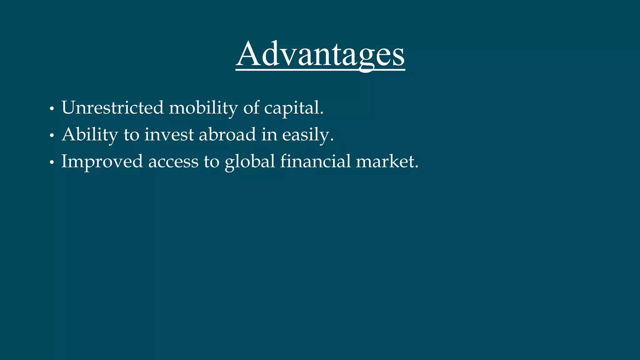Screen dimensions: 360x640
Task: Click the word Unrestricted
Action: tap(112, 108)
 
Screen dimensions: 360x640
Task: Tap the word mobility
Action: tap(203, 108)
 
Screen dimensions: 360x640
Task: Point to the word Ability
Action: tap(90, 135)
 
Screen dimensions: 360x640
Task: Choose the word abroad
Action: tap(227, 135)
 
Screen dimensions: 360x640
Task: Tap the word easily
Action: tap(308, 135)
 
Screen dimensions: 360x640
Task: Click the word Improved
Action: tap(102, 162)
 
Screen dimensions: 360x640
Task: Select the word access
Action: tap(173, 162)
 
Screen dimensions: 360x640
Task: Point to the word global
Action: tap(250, 162)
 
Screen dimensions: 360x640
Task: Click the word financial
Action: tap(315, 161)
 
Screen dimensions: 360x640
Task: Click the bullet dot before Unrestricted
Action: tap(52, 109)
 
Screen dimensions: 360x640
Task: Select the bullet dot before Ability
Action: tap(52, 136)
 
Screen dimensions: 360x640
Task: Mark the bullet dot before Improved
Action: tap(52, 163)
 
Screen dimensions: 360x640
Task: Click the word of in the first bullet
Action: tap(251, 108)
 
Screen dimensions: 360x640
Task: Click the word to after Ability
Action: tap(131, 135)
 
